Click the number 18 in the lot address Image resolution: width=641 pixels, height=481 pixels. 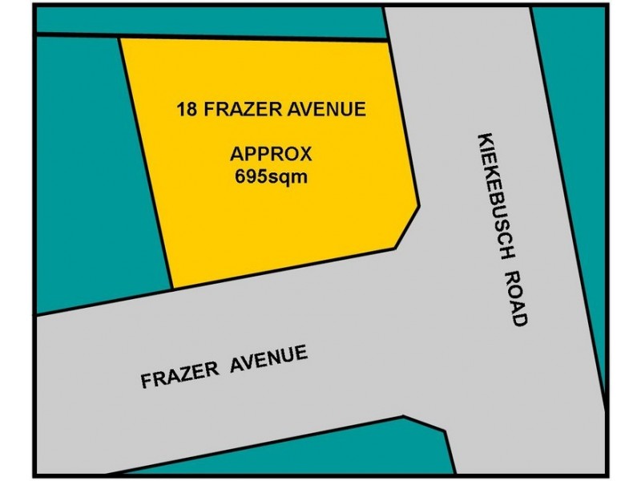coord(187,109)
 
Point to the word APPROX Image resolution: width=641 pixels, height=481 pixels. coord(271,153)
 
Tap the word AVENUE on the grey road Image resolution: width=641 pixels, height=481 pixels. coord(271,358)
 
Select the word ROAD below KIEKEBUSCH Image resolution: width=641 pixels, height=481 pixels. coord(517,297)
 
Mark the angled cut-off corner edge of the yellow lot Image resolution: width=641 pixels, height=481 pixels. coord(409,228)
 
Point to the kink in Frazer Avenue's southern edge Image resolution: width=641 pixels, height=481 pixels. coord(403,417)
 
